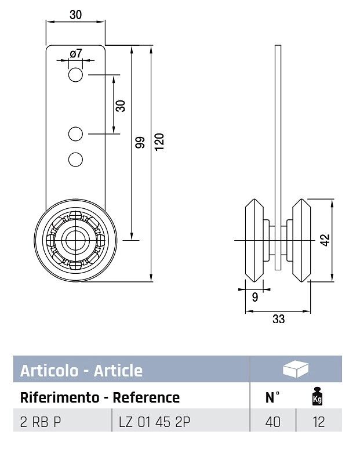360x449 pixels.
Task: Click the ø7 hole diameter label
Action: tap(76, 53)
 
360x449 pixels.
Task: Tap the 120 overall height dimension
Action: tap(159, 142)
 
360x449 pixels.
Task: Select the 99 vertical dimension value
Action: tap(140, 142)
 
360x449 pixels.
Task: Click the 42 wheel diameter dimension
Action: tap(325, 240)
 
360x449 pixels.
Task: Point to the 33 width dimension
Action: tap(278, 318)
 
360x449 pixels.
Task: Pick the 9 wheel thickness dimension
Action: tap(255, 297)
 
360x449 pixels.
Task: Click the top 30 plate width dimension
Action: tap(75, 15)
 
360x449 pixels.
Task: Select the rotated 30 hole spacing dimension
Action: tap(121, 106)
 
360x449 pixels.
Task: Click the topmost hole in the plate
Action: tap(75, 75)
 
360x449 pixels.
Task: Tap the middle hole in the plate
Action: tap(75, 134)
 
